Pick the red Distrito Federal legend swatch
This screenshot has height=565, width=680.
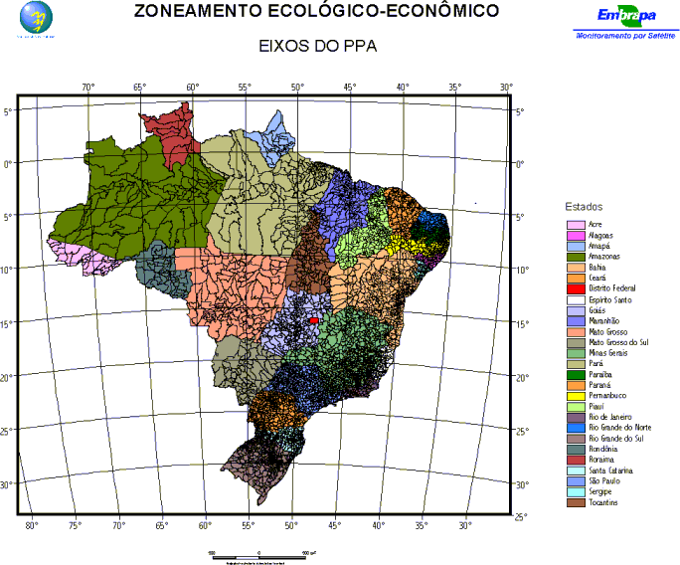coord(574,288)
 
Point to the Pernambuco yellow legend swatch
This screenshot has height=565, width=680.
coord(574,395)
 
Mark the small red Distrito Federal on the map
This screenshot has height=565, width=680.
coord(314,320)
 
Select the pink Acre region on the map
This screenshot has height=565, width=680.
coord(75,256)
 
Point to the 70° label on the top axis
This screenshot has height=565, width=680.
coord(87,88)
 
